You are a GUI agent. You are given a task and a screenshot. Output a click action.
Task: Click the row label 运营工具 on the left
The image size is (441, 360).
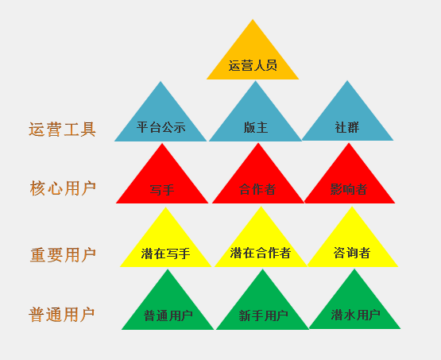(x=62, y=130)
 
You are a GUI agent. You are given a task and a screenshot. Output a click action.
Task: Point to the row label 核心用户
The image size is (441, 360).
(x=63, y=188)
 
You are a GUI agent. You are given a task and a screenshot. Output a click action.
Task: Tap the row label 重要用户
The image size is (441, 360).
(x=63, y=255)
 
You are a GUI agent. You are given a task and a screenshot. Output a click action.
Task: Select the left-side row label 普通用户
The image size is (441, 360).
(x=62, y=315)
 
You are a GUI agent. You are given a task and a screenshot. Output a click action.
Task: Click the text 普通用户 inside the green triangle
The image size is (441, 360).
(x=168, y=315)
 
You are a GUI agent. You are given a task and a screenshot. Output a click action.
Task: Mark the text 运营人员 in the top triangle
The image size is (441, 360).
(x=253, y=65)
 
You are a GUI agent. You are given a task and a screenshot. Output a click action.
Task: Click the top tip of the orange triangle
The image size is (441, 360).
(x=253, y=19)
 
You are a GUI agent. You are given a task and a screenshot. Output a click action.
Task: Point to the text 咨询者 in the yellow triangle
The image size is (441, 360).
(x=352, y=253)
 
